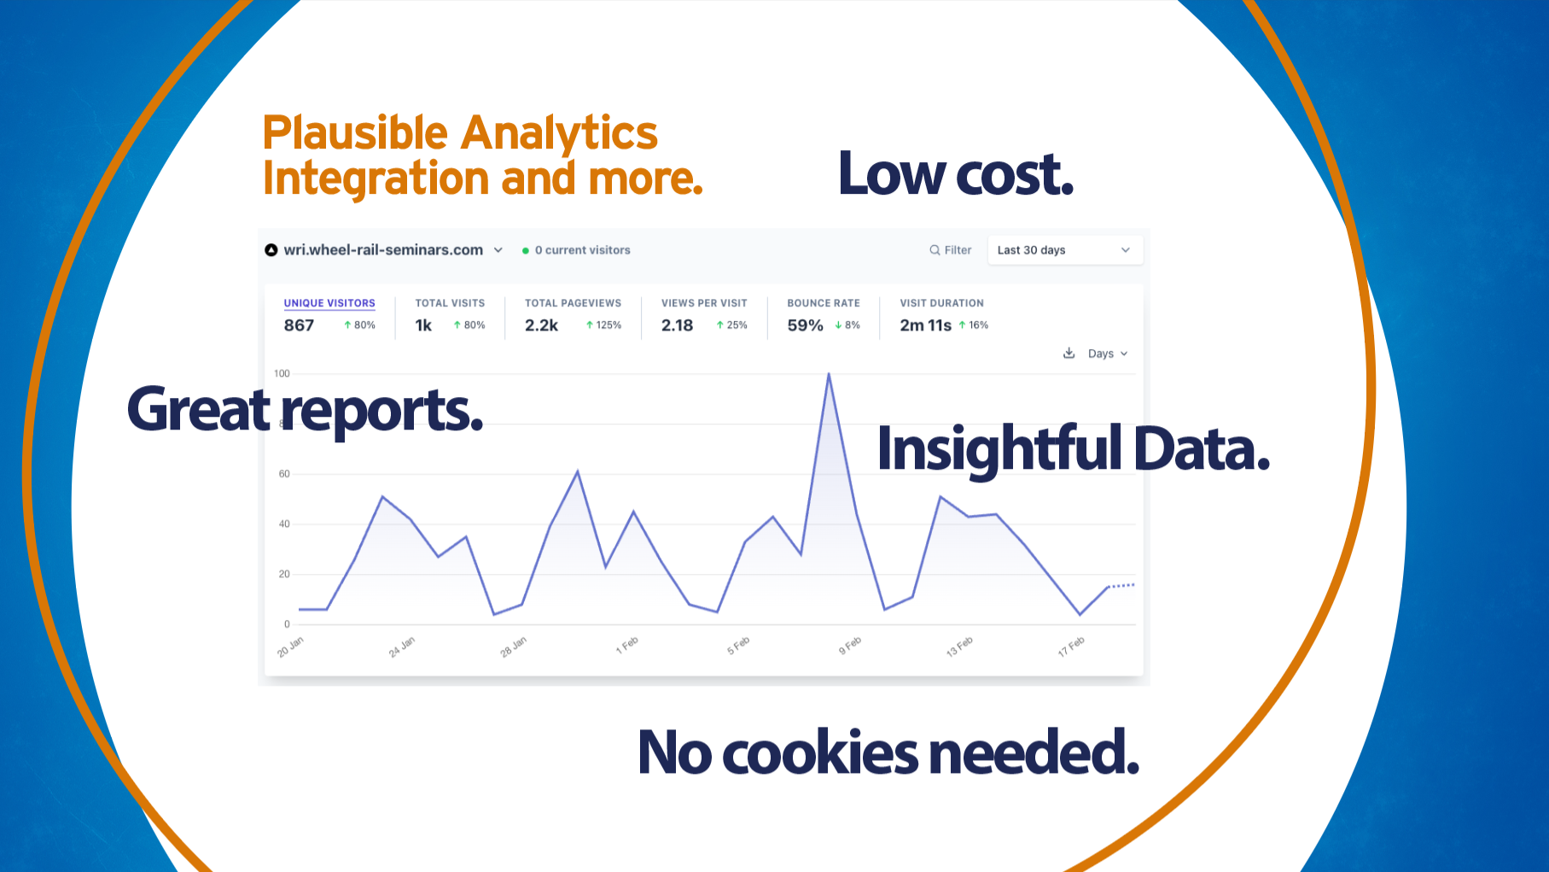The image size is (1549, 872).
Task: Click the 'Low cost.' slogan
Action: coord(955,174)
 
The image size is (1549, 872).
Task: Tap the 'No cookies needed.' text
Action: coord(888,752)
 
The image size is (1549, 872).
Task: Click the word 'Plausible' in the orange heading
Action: coord(354,134)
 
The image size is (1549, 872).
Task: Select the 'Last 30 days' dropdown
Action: coord(1064,250)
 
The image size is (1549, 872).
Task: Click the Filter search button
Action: coord(950,250)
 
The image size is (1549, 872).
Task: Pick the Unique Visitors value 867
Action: coord(299,325)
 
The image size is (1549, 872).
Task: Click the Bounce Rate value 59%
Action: coord(805,325)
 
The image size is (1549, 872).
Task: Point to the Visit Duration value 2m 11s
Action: coord(925,325)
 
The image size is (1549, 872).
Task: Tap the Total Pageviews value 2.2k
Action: coord(541,325)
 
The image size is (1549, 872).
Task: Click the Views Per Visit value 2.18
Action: coord(677,325)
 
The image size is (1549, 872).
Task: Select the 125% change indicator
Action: coord(603,325)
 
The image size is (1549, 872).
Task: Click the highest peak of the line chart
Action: coord(828,374)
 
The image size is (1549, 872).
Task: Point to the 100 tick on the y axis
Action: coord(282,373)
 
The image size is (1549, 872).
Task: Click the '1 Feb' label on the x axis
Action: coord(626,646)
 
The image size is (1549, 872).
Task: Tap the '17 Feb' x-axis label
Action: coord(1071,647)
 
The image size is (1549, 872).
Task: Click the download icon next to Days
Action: coord(1069,353)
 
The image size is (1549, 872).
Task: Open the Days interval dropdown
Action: coord(1107,354)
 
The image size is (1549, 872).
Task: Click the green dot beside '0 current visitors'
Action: coord(526,251)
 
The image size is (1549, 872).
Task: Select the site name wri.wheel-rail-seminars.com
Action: coord(383,250)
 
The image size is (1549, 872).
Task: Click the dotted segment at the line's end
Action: coord(1121,586)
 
